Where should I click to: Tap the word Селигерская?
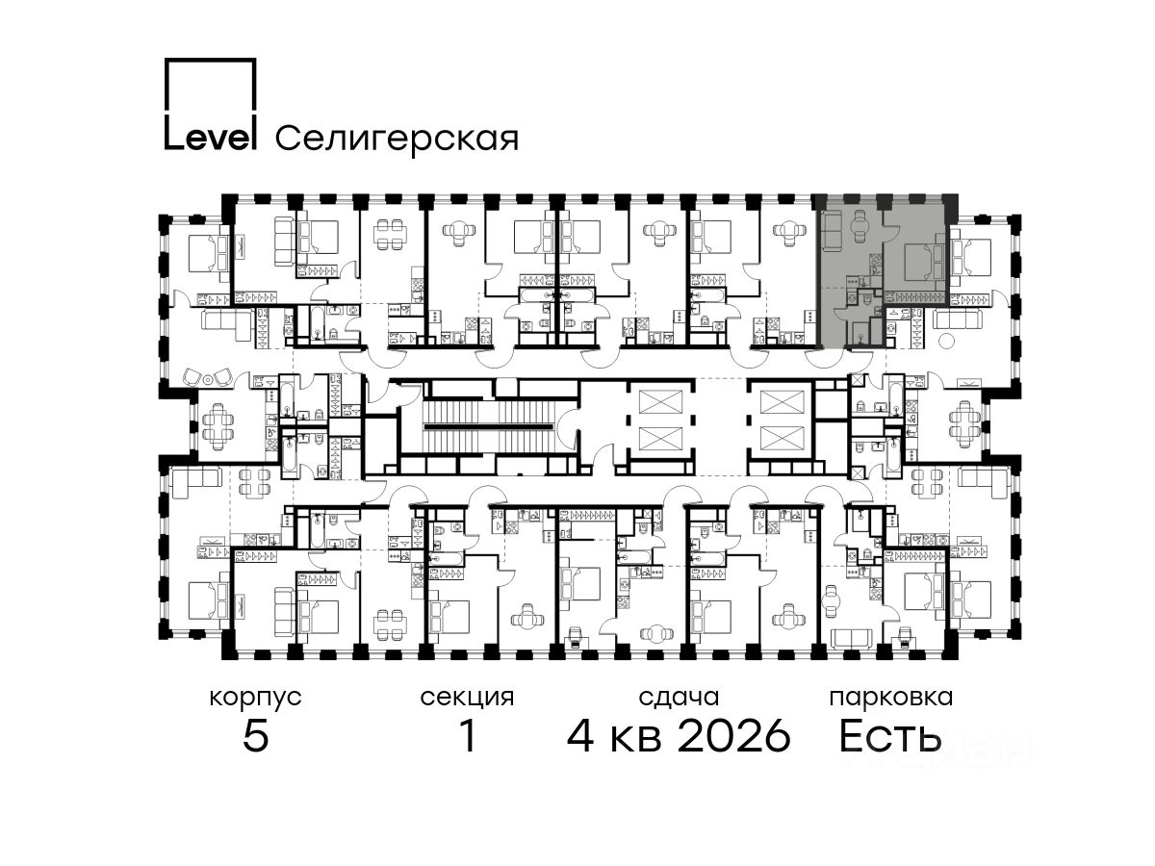coord(397,139)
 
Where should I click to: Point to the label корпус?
coord(255,698)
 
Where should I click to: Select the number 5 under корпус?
coord(256,735)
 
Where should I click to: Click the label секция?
coord(467,698)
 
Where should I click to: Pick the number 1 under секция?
coord(468,735)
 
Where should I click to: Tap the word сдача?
coord(679,698)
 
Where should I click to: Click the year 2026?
coord(734,735)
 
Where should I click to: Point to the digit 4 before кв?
coord(580,735)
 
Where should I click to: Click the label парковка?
coord(891,699)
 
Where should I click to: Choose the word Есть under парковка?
coord(889,735)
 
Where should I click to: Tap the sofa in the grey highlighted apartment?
coord(833,230)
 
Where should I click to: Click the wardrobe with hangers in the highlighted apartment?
coord(914,297)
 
